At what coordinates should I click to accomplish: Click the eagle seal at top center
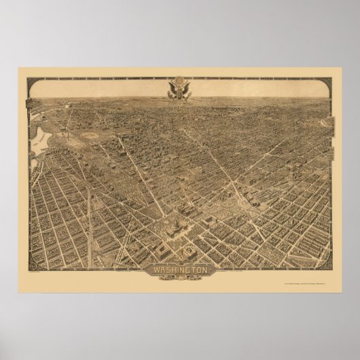(179, 91)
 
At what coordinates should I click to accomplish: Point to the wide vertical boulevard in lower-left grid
(89, 217)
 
